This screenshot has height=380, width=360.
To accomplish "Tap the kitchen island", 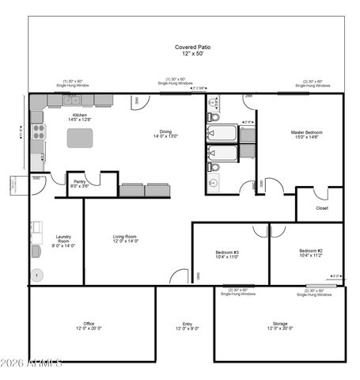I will (80, 138).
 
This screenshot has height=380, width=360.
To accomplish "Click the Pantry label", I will (80, 181).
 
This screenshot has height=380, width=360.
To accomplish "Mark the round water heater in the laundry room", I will (37, 275).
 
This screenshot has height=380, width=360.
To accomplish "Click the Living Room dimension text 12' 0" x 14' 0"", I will (125, 241).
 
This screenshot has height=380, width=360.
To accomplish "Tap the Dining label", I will (165, 131).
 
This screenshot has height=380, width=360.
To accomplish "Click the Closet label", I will (321, 208).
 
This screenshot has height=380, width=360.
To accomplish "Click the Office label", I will (89, 324).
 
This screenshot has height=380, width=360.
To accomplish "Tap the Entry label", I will (187, 324).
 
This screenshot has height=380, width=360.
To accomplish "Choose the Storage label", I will (280, 324).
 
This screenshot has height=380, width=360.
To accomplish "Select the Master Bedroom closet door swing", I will (320, 193).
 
